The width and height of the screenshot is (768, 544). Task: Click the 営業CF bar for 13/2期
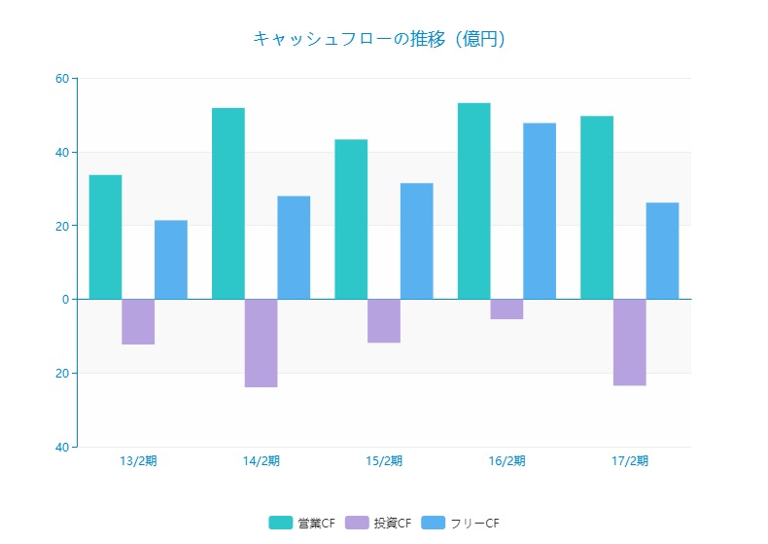105,236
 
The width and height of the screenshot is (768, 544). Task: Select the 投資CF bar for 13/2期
138,321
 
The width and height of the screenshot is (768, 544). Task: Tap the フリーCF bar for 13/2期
171,260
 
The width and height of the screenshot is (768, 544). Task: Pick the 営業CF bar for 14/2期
228,203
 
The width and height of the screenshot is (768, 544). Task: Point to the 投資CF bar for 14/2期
261,343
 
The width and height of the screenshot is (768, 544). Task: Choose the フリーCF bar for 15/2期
416,241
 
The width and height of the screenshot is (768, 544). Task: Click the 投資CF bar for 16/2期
506,308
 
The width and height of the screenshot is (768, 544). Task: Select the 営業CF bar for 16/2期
473,200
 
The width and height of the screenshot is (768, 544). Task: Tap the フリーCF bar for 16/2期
540,211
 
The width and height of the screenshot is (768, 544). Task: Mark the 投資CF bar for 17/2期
629,342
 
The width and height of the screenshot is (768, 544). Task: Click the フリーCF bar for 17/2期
662,251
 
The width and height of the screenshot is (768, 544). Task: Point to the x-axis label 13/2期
138,460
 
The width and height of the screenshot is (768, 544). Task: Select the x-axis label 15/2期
384,460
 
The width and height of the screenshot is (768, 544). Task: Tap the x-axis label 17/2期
629,460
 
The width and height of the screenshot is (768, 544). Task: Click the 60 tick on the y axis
61,78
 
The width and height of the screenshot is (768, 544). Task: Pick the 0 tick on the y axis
65,299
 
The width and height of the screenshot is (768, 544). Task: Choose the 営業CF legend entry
302,524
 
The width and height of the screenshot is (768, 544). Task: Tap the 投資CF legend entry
379,524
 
